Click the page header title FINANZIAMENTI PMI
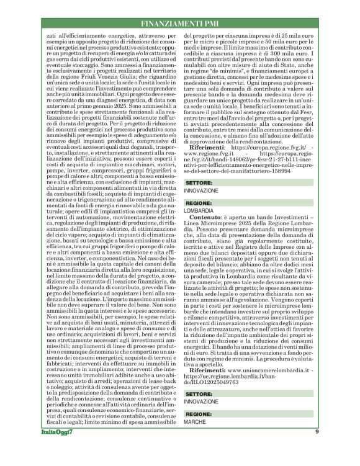181,24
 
